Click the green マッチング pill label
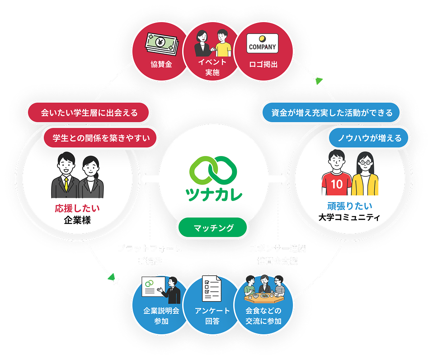(213, 228)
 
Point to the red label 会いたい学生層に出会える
(89, 113)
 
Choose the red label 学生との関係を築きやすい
(101, 138)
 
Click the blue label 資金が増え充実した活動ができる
(332, 113)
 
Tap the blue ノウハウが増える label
(370, 138)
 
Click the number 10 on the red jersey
(337, 185)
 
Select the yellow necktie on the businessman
(66, 183)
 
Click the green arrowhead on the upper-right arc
(319, 81)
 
